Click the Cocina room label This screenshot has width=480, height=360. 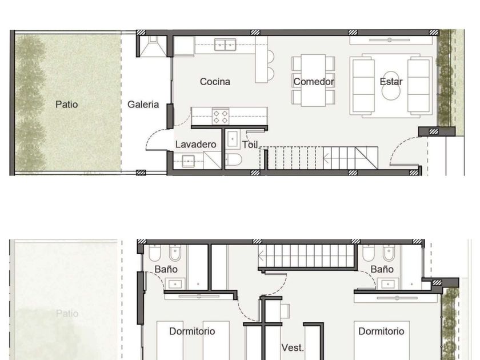coord(215,82)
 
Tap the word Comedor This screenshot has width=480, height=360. coord(314,82)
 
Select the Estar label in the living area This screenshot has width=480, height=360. coord(391,82)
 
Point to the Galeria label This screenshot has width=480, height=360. coord(143,105)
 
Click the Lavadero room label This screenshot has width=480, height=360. coord(195,145)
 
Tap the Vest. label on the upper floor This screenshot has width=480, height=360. coord(293,348)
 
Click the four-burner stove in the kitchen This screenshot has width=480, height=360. coord(221,117)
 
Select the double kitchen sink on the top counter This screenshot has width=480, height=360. coord(225,45)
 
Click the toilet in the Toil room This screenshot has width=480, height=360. coord(234,159)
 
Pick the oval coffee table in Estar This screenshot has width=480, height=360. coord(391,85)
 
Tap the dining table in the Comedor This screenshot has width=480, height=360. coord(313,80)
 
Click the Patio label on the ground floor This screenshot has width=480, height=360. coord(66,105)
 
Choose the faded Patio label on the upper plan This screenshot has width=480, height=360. coord(67,314)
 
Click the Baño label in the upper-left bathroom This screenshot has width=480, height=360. coord(166,269)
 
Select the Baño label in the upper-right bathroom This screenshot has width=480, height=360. coord(382,269)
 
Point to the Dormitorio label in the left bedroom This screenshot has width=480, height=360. coord(192,331)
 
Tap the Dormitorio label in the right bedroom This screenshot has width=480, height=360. coord(381,331)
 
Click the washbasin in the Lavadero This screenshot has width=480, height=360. coord(188,161)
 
